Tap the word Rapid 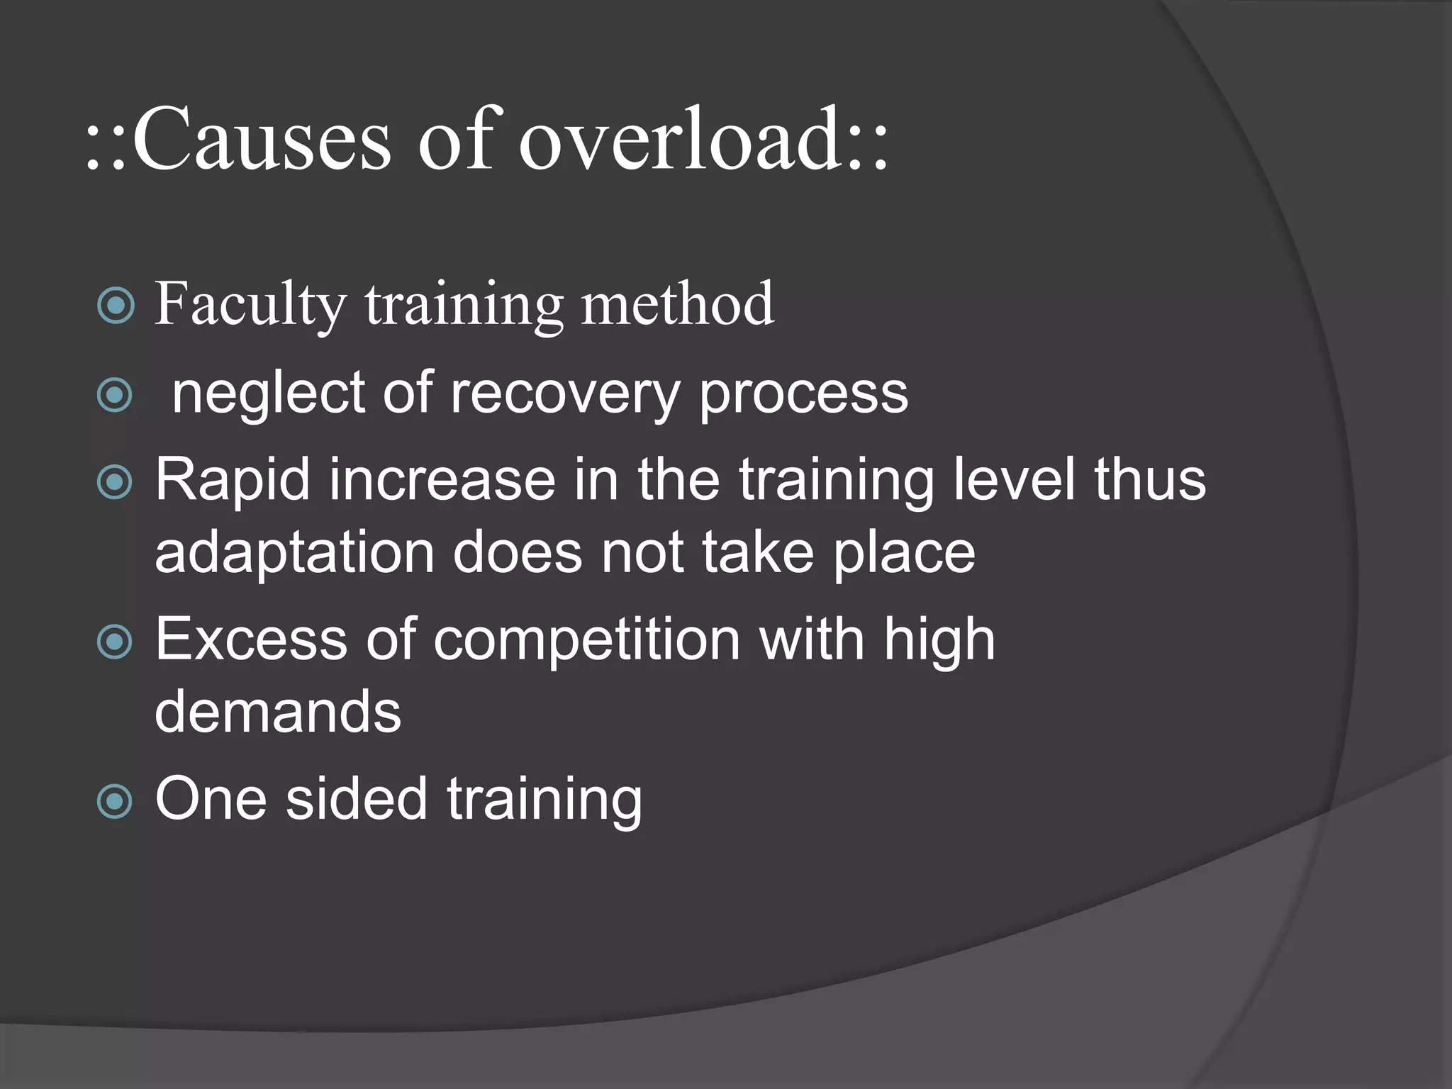[233, 481]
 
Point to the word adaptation [294, 553]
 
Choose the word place [904, 553]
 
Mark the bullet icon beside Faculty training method [115, 306]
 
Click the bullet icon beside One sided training [115, 801]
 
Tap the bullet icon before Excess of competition [115, 642]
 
